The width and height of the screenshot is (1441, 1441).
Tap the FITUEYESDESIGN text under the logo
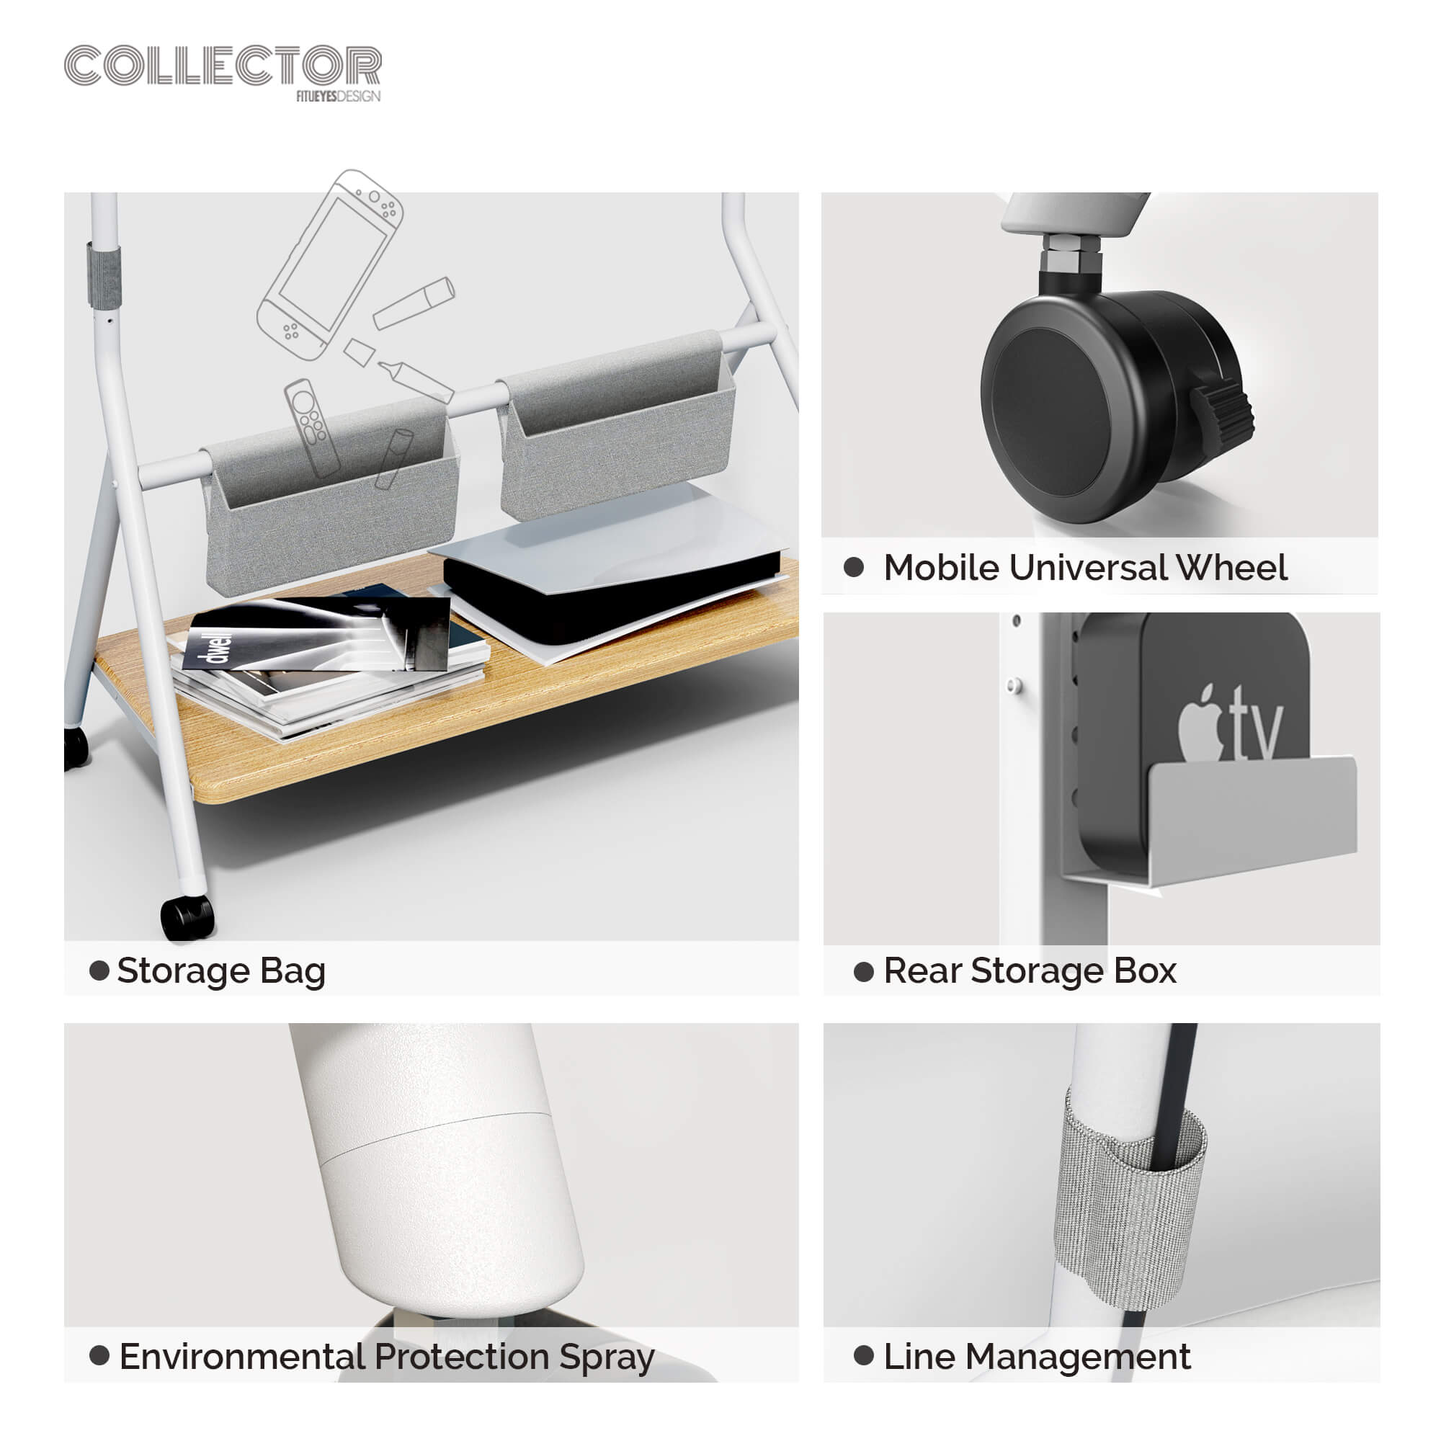(x=338, y=97)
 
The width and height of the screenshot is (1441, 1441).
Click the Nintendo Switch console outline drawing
(x=331, y=266)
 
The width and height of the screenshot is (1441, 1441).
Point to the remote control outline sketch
(x=312, y=427)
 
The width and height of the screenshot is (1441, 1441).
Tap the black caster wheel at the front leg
(x=187, y=918)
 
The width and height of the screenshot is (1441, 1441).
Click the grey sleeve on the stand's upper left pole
(x=103, y=275)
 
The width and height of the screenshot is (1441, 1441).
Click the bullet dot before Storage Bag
(x=99, y=971)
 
